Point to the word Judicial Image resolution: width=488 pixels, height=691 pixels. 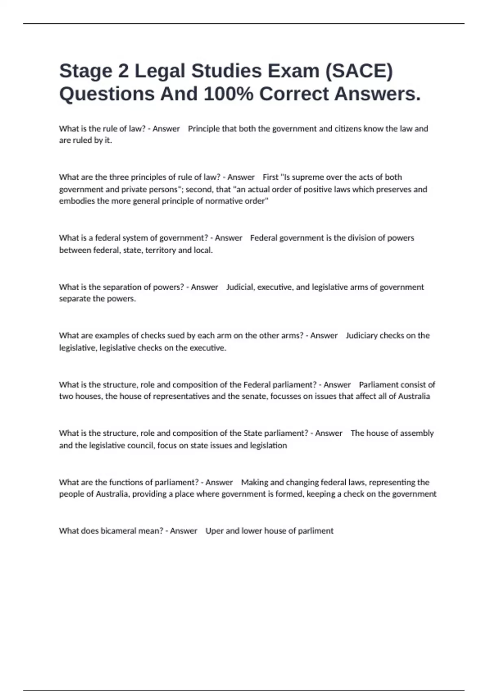(240, 287)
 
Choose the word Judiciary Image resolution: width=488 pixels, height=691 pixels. (362, 336)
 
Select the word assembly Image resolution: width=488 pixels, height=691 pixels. (417, 433)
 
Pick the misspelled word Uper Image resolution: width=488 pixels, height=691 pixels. (214, 531)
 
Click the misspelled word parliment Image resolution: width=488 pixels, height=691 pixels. (316, 531)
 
